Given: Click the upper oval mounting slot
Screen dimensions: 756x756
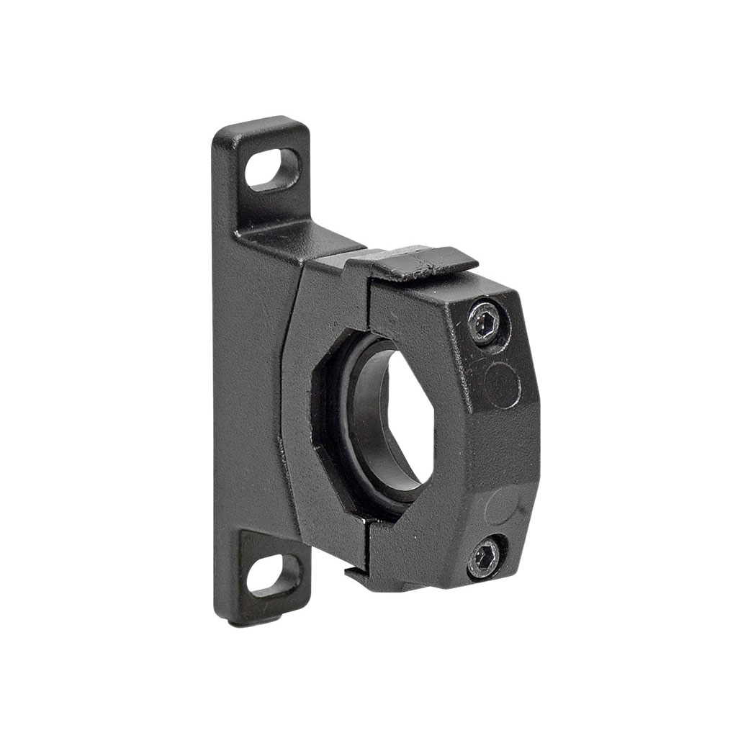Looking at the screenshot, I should point(272,170).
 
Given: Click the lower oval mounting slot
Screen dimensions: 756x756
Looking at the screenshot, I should point(273,575).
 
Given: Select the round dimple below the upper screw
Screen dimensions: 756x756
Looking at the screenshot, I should point(502,385).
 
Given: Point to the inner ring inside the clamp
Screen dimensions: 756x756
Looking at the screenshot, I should point(364,418).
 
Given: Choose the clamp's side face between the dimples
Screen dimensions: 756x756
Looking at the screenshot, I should point(504,446).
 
